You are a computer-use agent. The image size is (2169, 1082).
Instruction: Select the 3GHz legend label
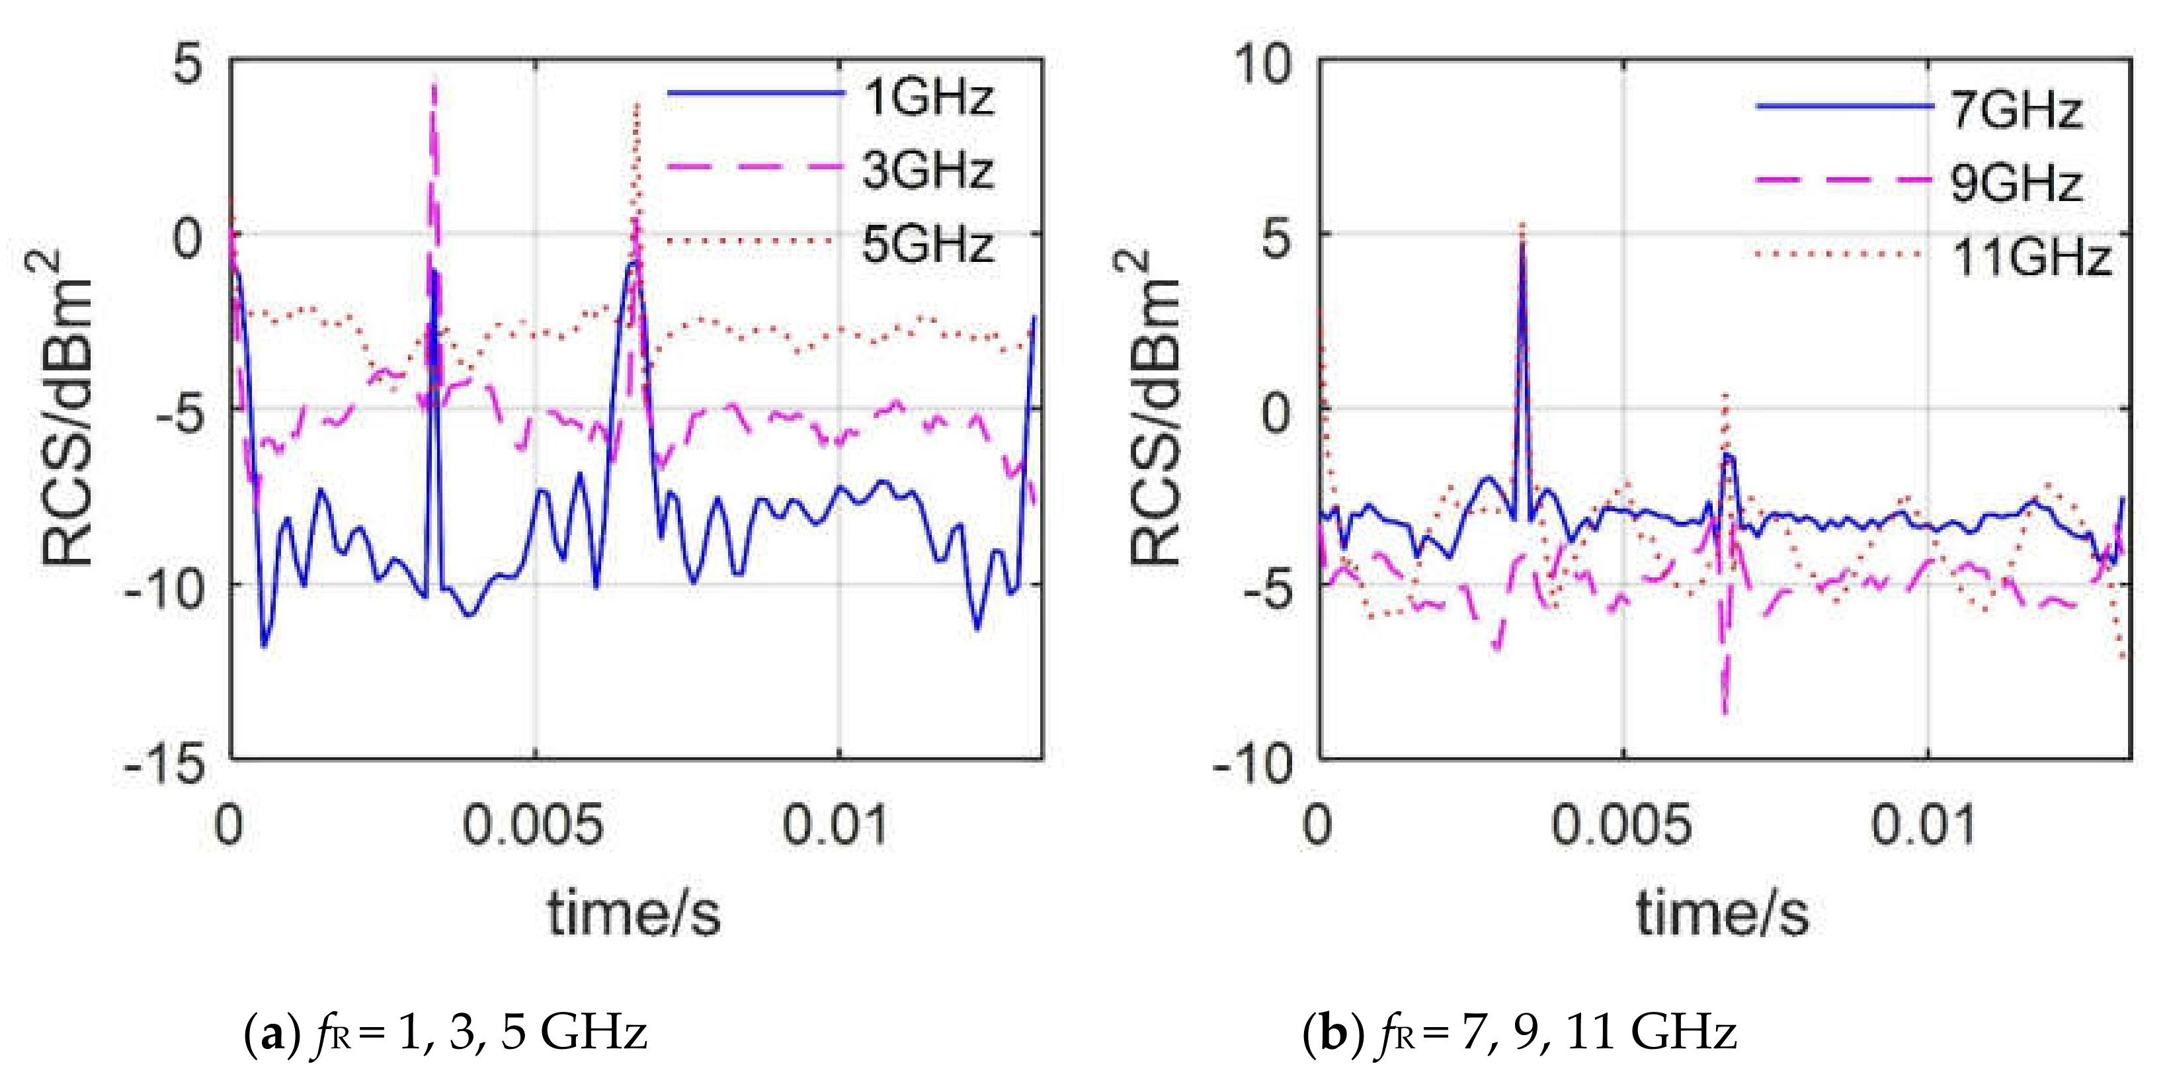pos(928,170)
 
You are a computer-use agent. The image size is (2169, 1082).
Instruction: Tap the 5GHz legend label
pos(928,245)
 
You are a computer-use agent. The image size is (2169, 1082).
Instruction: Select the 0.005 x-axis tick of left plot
pos(534,825)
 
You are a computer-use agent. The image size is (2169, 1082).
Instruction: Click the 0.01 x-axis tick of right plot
pos(1923,825)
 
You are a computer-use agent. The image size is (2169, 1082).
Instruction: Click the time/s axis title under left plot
pos(634,913)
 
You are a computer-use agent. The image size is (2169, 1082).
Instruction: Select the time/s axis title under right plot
pos(1723,913)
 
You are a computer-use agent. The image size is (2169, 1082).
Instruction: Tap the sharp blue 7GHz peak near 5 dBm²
pos(1522,244)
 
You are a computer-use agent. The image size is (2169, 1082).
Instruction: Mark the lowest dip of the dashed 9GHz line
pos(1723,712)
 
